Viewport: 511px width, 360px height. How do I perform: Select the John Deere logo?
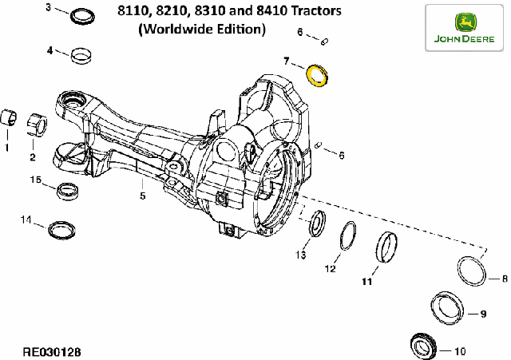(x=464, y=28)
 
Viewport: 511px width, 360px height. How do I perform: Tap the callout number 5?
(x=143, y=196)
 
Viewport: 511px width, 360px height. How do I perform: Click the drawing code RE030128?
(x=52, y=352)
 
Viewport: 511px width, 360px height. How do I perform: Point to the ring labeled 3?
(x=73, y=16)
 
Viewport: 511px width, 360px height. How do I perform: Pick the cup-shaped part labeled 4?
(x=81, y=56)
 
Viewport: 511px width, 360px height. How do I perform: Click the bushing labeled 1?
(x=9, y=118)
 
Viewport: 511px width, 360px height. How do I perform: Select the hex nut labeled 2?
(x=37, y=125)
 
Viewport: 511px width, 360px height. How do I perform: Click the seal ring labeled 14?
(x=50, y=230)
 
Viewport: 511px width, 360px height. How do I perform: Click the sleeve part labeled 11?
(x=378, y=247)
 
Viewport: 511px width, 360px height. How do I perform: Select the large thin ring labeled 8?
(x=460, y=271)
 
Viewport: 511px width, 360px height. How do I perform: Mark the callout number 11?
(x=367, y=281)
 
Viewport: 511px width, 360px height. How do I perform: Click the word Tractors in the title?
(x=315, y=10)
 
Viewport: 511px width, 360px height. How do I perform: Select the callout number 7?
(x=287, y=61)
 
